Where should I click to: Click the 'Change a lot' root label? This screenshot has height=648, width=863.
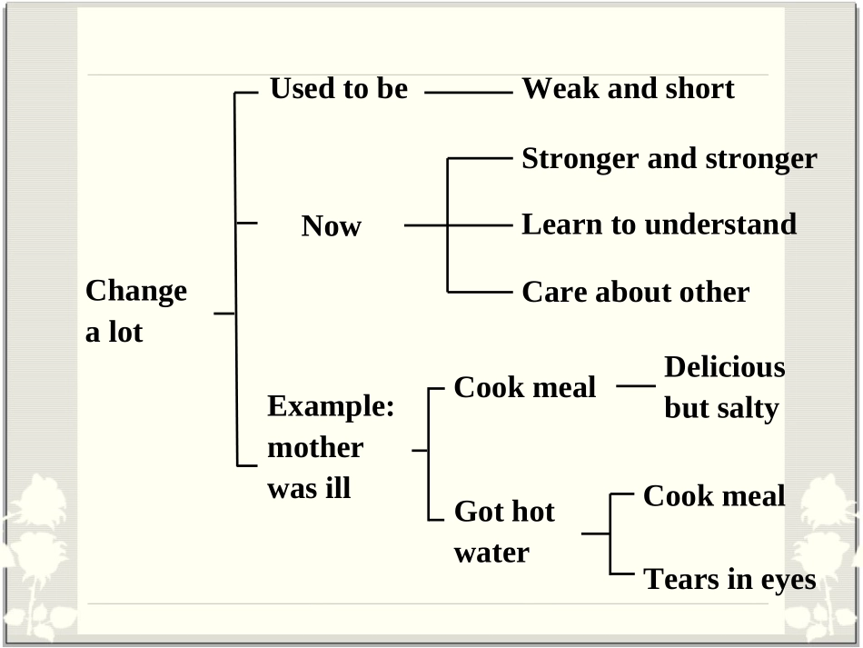(136, 311)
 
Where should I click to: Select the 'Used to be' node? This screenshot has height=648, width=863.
(339, 89)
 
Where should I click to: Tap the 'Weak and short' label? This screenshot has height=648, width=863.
(628, 89)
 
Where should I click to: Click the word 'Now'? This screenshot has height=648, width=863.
(332, 225)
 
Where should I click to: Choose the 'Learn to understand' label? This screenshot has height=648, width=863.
(659, 224)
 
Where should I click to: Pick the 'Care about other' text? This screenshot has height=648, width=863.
(635, 292)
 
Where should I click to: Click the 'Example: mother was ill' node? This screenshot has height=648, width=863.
(331, 447)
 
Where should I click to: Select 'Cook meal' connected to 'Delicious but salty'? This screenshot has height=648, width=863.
(524, 387)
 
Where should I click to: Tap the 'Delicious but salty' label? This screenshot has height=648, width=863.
(724, 387)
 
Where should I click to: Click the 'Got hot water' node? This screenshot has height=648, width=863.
(504, 532)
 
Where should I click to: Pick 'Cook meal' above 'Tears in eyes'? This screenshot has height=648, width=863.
(714, 496)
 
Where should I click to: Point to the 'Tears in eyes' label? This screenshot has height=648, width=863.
(729, 580)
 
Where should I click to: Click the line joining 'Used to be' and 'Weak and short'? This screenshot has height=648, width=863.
(469, 93)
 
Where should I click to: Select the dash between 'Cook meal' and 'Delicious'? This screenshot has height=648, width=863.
(636, 386)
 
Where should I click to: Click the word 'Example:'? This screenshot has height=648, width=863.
(331, 407)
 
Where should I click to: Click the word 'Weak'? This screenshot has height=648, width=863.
(560, 89)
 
